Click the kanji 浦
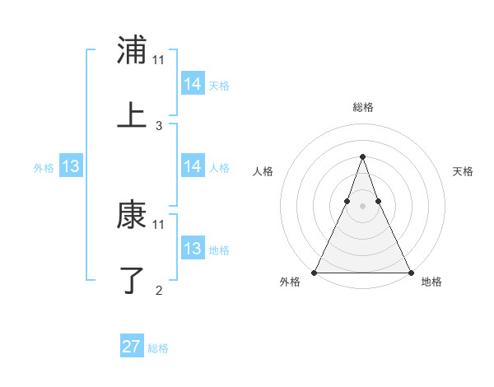point(132,50)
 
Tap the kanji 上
point(132,115)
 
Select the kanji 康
point(132,216)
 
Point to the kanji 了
point(132,279)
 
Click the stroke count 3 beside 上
point(159,126)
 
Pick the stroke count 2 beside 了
point(159,290)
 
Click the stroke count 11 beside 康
point(159,224)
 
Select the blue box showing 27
point(132,347)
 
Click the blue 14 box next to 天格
point(192,84)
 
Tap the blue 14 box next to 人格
point(192,166)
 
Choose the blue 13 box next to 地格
point(192,249)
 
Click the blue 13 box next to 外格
point(71,166)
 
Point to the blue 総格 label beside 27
point(159,348)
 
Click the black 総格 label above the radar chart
point(362,107)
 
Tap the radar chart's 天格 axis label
point(463,171)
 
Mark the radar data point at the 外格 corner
point(315,272)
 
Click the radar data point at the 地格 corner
point(410,272)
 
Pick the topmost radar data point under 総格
point(362,156)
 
